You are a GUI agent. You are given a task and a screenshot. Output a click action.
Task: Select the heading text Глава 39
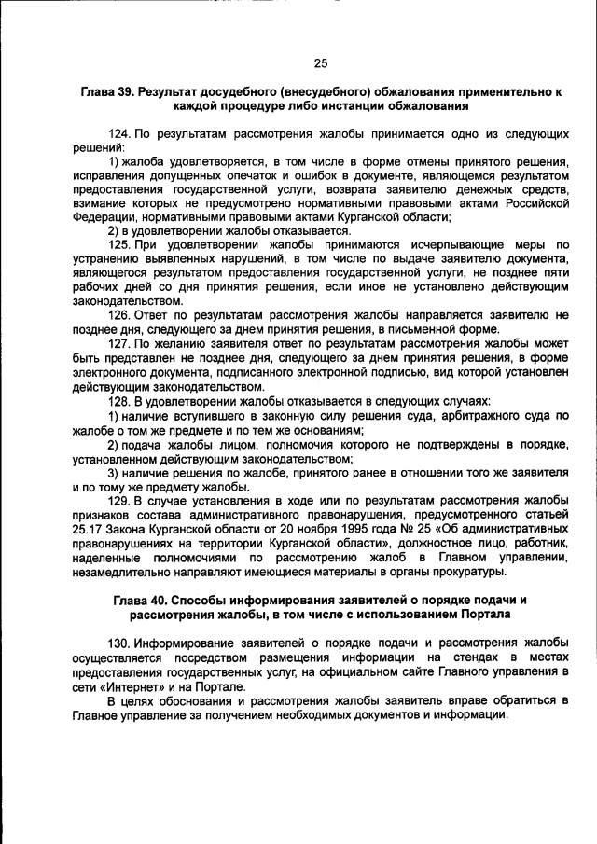(108, 93)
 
